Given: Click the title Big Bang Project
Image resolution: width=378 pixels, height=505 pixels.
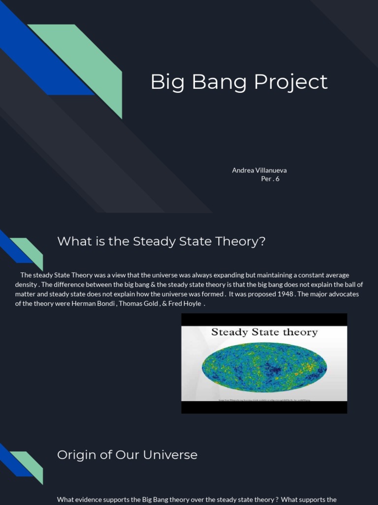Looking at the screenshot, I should tap(239, 82).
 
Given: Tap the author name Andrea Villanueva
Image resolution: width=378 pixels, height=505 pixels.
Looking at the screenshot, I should tap(259, 170).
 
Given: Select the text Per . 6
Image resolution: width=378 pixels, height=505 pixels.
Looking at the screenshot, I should tap(270, 179).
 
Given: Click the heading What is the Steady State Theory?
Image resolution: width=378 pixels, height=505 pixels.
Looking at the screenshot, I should tap(161, 242).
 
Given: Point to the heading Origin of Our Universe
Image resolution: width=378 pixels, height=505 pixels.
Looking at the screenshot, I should tap(127, 455).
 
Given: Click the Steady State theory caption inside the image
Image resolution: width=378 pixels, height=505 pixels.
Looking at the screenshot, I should tap(264, 332).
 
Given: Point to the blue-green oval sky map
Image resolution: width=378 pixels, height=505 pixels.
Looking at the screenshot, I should tap(264, 367).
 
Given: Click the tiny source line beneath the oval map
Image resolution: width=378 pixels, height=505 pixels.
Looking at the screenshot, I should tap(264, 401).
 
